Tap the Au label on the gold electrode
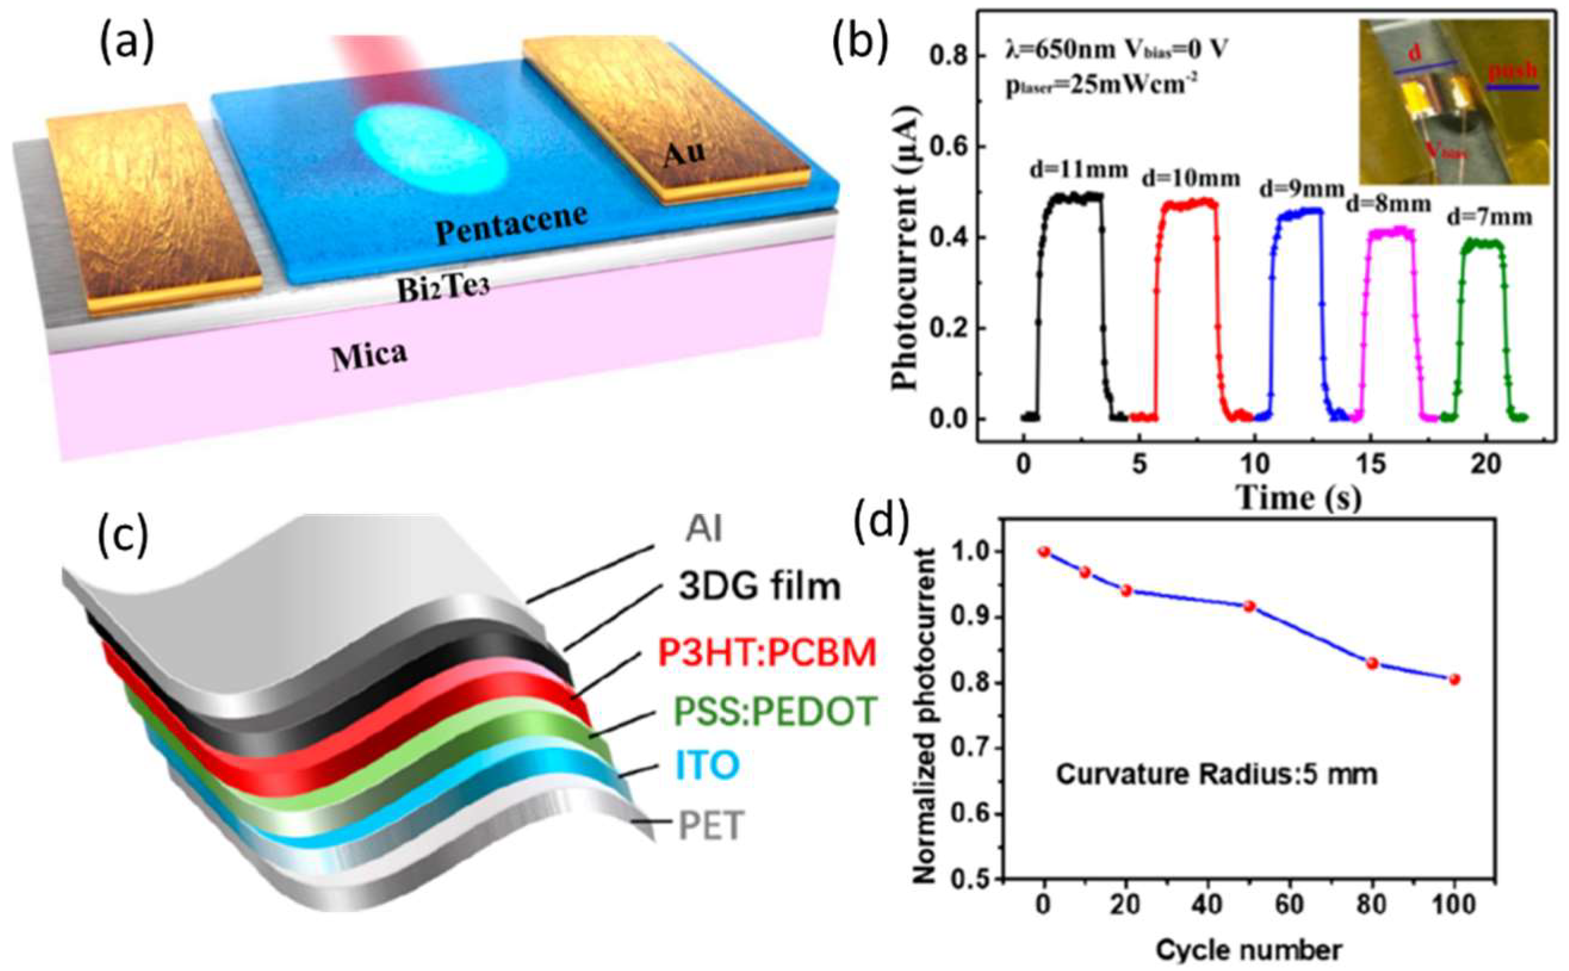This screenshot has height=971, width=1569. (x=685, y=153)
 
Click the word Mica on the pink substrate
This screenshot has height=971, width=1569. (x=369, y=354)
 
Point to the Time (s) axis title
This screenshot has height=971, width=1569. (x=1299, y=497)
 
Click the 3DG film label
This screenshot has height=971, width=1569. (x=760, y=586)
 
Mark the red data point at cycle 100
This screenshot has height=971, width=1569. (x=1455, y=680)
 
